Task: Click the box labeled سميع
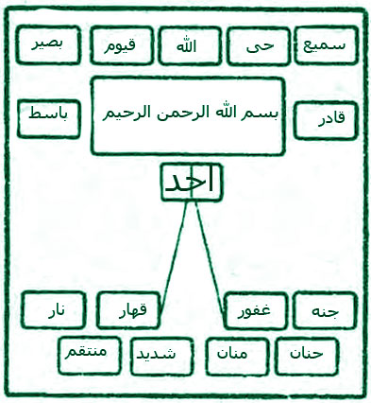pyautogui.click(x=327, y=44)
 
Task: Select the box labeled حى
pyautogui.click(x=257, y=44)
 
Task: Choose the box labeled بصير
pyautogui.click(x=46, y=44)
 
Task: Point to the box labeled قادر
pyautogui.click(x=327, y=120)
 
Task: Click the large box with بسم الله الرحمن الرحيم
pyautogui.click(x=189, y=115)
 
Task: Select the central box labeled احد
pyautogui.click(x=192, y=182)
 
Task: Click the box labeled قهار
pyautogui.click(x=129, y=310)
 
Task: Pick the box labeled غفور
pyautogui.click(x=254, y=310)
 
